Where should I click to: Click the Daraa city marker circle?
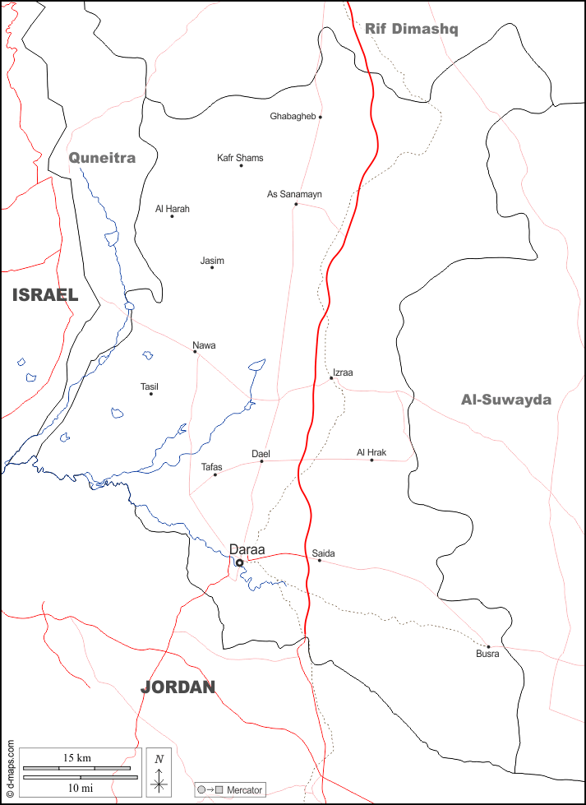[x=239, y=563]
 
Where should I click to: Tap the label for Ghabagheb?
[x=293, y=117]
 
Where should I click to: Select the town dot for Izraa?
[x=331, y=378]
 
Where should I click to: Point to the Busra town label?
[x=487, y=655]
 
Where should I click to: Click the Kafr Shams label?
[x=240, y=158]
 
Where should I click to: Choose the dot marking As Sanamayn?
[x=296, y=204]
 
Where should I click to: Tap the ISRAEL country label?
[x=45, y=295]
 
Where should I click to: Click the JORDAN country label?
[x=178, y=687]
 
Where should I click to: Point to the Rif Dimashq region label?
[x=412, y=30]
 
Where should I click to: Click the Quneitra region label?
[x=102, y=158]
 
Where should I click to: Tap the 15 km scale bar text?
[x=77, y=758]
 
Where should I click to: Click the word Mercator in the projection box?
[x=245, y=790]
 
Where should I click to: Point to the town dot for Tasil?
[x=151, y=394]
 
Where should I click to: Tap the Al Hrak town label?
[x=371, y=452]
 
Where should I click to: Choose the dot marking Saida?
[x=320, y=561]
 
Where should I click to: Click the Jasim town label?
[x=212, y=261]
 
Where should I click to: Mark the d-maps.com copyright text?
[x=10, y=770]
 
